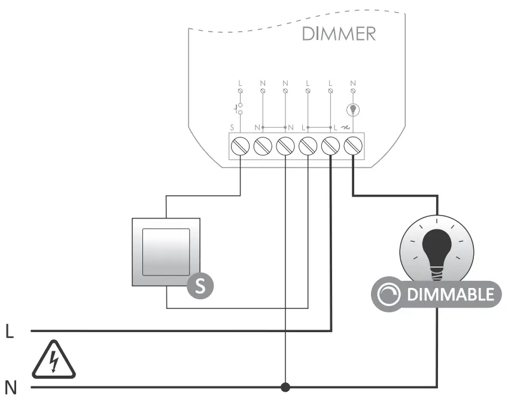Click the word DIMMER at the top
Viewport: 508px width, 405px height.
[x=339, y=35]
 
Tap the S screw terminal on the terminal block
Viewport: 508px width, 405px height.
[x=240, y=145]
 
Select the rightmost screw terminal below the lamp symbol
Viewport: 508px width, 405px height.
[x=353, y=145]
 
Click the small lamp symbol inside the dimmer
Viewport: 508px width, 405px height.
[x=353, y=110]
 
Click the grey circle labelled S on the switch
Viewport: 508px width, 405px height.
[x=201, y=286]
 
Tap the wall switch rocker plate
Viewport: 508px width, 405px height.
[x=166, y=250]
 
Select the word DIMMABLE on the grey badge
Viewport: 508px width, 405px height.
[x=450, y=294]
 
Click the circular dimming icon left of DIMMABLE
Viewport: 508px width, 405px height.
[x=388, y=294]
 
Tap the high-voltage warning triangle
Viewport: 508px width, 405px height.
[x=54, y=361]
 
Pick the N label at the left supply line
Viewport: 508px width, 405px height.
[x=10, y=388]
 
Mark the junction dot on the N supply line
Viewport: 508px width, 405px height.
[x=285, y=388]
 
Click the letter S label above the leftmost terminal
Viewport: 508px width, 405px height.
[x=232, y=128]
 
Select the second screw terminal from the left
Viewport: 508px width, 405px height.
[x=263, y=145]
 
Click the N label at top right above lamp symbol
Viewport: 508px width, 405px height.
[x=352, y=82]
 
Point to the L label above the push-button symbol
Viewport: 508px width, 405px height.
[x=240, y=82]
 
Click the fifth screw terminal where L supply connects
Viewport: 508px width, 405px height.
[x=330, y=145]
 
